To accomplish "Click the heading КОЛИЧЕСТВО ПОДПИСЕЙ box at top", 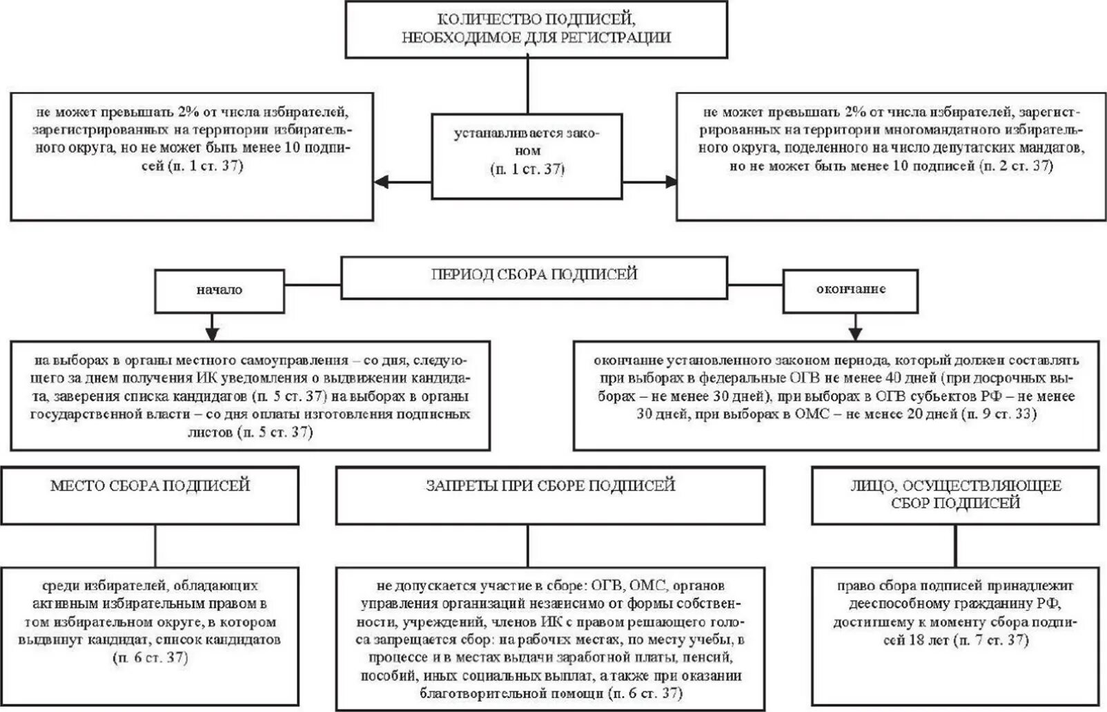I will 536,29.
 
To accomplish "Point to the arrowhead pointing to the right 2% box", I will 670,182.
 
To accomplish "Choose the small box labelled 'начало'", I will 219,290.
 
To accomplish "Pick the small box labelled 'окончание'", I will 850,289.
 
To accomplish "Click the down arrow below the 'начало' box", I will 212,329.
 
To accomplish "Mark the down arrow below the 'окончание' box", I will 856,329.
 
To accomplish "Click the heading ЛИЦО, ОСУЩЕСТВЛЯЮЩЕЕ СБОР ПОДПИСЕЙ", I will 955,494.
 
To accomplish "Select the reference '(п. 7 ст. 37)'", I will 991,640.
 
